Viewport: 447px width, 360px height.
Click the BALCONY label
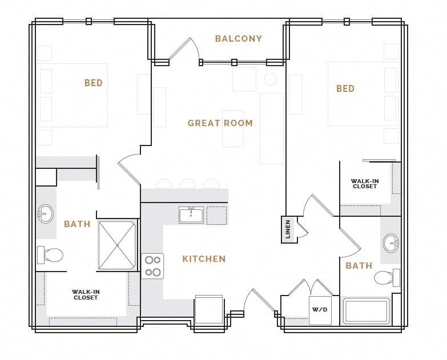pos(238,39)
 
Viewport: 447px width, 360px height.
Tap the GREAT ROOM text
pos(220,123)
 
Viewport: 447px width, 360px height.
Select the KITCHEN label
pos(204,259)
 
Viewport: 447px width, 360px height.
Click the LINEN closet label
pos(288,229)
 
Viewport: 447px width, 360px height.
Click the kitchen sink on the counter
pos(191,215)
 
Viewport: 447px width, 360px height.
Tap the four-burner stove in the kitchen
pos(152,266)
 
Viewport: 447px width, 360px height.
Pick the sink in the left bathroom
pos(45,215)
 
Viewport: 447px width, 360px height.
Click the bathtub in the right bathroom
pos(366,312)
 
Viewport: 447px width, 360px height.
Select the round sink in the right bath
pos(392,242)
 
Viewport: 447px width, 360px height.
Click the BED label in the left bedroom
pos(94,83)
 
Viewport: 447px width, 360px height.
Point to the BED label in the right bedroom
pos(345,88)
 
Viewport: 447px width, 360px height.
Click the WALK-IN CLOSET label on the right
pos(365,184)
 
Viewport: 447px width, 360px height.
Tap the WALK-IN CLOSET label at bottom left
pos(86,294)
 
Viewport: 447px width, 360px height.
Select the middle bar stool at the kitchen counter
pos(187,184)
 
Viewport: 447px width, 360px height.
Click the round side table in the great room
pos(270,79)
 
